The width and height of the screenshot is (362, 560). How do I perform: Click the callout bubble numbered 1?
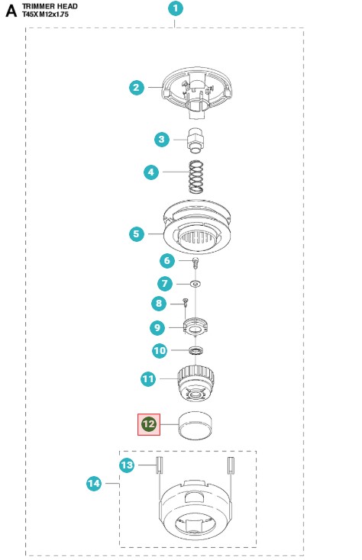[176, 8]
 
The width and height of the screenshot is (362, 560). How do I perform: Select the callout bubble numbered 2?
[137, 88]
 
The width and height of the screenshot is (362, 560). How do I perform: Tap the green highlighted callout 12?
[149, 424]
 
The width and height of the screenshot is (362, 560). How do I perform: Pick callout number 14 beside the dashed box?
[94, 484]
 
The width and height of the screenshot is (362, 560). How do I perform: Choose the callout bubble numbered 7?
[165, 284]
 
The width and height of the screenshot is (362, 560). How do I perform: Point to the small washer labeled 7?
[195, 284]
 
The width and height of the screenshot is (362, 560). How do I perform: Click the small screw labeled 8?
[185, 302]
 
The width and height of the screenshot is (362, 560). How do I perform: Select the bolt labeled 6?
[195, 263]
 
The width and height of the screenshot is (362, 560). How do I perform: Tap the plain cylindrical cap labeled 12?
[195, 425]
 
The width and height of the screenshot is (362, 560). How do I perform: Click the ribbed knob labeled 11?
[196, 383]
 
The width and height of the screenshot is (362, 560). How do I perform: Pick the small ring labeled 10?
[196, 351]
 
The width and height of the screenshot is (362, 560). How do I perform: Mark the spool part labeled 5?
[197, 227]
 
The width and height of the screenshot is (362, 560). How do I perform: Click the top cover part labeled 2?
[197, 92]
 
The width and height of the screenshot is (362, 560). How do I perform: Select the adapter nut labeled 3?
[195, 140]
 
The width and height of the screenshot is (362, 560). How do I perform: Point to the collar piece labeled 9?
[196, 327]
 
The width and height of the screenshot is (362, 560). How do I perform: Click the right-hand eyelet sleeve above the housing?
[231, 465]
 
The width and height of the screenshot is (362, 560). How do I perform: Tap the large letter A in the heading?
[11, 11]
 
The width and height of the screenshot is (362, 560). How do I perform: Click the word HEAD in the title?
[66, 6]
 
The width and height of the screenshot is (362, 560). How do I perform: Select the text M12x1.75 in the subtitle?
[53, 14]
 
